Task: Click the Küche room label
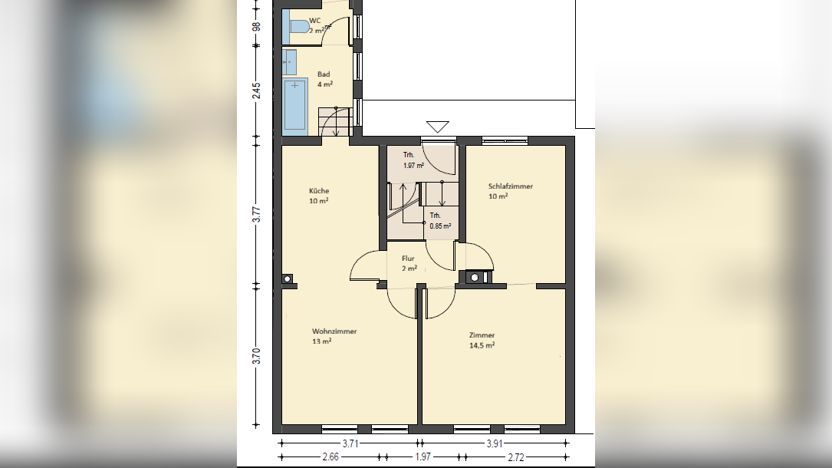coord(319,190)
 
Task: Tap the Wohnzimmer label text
coord(334,331)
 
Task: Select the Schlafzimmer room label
coord(511,186)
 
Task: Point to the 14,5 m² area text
coord(482,345)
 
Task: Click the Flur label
coord(408,259)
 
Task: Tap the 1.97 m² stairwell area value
coord(413,165)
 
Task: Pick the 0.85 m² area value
coord(440,226)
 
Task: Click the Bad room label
coord(324,74)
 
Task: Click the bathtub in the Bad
coord(295,106)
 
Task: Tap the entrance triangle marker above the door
coord(438,127)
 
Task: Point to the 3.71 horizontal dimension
coord(350,443)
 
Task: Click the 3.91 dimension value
coord(495,443)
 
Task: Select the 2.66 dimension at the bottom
coord(330,456)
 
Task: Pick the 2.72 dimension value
coord(516,456)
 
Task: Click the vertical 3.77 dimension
coord(256,213)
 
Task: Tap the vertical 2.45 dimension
coord(256,91)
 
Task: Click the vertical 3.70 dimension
coord(256,355)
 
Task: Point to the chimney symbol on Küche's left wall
coord(287,278)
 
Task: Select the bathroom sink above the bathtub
coord(290,62)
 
